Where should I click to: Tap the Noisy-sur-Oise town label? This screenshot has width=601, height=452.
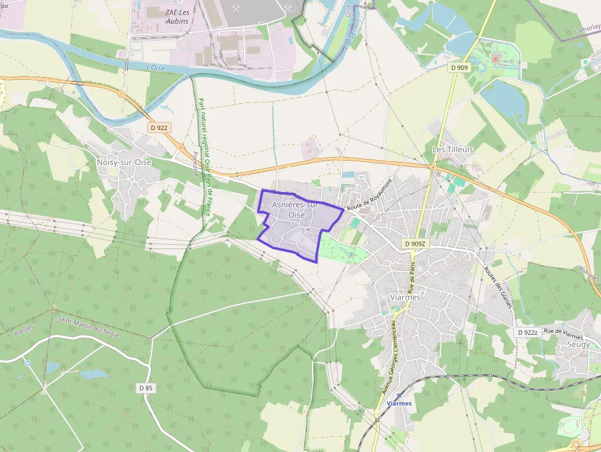coord(124,162)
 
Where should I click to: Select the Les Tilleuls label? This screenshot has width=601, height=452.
coord(453,149)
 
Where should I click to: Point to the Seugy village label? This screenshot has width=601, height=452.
coord(579,344)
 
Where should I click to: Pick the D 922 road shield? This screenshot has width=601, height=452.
coord(159,128)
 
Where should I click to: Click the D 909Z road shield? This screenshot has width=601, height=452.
coord(415,243)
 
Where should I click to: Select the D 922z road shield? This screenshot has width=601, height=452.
coord(527,332)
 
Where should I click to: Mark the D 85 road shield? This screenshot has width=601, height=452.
coord(145,388)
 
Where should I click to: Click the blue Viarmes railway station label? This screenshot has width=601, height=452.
coord(399,403)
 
